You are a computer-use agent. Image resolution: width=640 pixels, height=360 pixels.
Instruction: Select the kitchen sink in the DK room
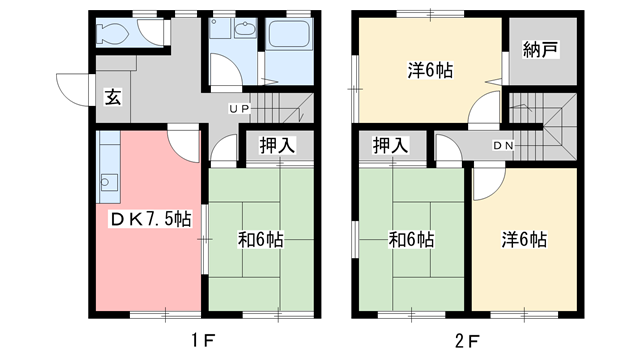click(x=108, y=182)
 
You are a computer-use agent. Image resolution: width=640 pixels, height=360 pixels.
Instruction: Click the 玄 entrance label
click(x=113, y=97)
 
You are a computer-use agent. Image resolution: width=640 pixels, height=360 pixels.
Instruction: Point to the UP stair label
click(x=238, y=108)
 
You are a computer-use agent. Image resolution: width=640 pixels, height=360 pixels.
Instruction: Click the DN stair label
click(x=503, y=147)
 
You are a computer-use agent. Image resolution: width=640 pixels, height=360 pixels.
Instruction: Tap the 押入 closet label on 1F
click(x=272, y=146)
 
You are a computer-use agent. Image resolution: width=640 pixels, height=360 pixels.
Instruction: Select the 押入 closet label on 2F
click(x=391, y=146)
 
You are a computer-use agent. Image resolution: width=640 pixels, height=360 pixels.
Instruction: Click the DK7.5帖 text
click(x=151, y=219)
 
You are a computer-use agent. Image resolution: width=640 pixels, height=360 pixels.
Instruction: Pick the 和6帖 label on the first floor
click(x=260, y=240)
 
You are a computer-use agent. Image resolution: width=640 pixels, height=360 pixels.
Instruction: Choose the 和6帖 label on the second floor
click(x=411, y=240)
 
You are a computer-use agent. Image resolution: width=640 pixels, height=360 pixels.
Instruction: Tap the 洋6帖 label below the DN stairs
click(x=524, y=240)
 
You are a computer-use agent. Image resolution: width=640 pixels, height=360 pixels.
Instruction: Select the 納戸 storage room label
click(x=540, y=51)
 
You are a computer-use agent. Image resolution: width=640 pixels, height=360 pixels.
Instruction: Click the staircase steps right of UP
click(x=280, y=107)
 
